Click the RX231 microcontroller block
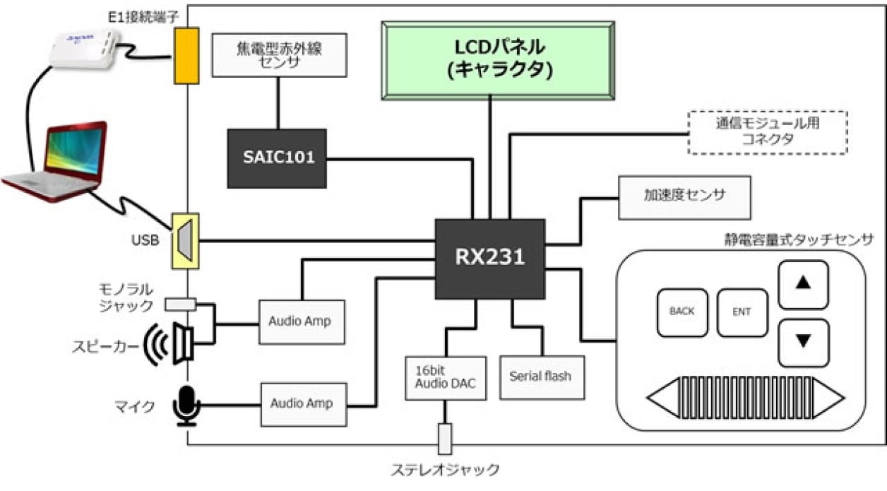point(489,259)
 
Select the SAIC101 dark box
point(276,158)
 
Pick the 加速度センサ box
point(684,197)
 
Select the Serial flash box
point(542,377)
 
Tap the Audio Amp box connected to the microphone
point(304,404)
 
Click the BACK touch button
point(682,312)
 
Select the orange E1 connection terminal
point(186,56)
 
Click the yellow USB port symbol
point(186,240)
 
